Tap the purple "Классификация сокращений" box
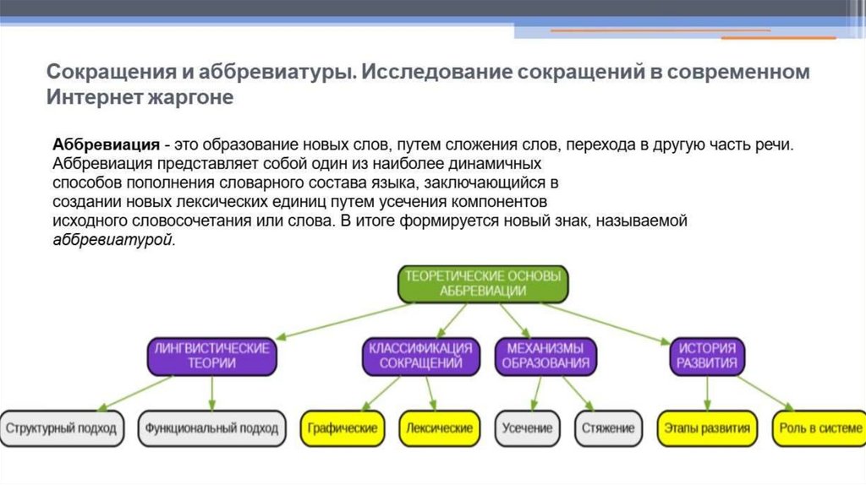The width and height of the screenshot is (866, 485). (419, 356)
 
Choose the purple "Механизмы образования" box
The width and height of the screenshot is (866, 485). (545, 356)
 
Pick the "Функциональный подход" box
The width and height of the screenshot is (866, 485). (211, 428)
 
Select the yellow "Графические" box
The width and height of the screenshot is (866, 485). (343, 428)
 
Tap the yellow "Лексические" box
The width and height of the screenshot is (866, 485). (439, 428)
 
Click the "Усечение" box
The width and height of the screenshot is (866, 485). (527, 428)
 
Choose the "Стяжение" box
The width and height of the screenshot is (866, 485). (607, 428)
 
